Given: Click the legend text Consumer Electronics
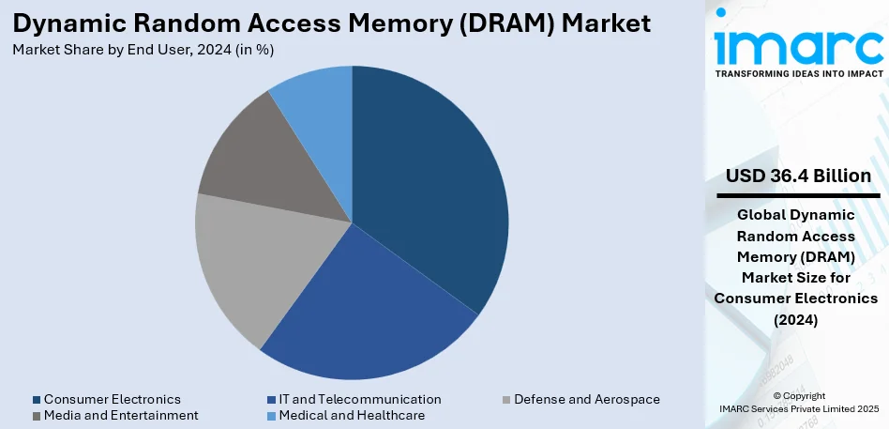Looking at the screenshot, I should (x=113, y=399).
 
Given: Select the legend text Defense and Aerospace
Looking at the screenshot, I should (x=587, y=399).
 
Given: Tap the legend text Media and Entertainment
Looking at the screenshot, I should (x=121, y=415).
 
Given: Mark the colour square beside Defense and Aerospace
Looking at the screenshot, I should (x=505, y=400).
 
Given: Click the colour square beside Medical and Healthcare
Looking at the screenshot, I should (x=270, y=416).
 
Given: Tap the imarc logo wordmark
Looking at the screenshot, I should (x=797, y=42).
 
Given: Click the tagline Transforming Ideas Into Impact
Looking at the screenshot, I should (x=797, y=72).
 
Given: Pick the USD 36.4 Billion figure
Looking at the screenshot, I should (x=798, y=176).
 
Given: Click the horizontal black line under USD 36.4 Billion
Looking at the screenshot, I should (x=798, y=195).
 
